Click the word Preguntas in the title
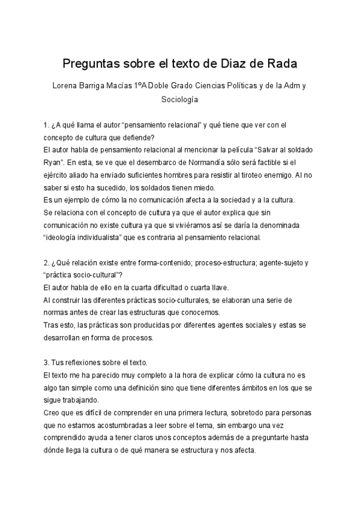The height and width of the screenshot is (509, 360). pos(92,63)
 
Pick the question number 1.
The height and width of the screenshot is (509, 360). pos(46,125)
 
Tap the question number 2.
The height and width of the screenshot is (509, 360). pos(46,264)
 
